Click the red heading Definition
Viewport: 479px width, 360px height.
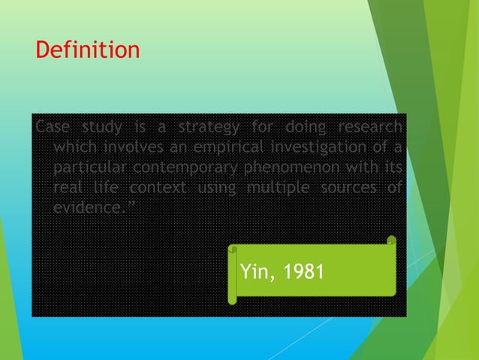coord(88,51)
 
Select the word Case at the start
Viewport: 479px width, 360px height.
coord(50,125)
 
